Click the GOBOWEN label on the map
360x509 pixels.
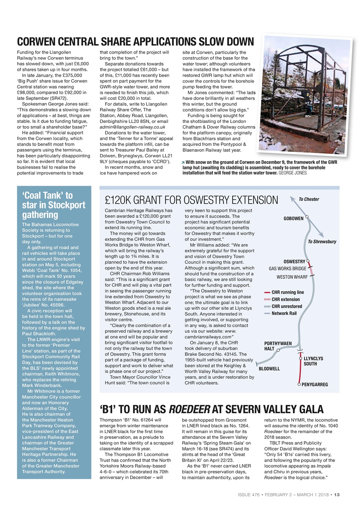(x=293, y=218)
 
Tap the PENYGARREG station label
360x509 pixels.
(x=315, y=385)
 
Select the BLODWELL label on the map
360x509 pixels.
(x=269, y=369)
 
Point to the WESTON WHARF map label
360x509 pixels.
(x=292, y=277)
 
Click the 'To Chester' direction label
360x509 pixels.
(x=309, y=199)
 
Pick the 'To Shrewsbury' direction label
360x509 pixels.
(x=322, y=241)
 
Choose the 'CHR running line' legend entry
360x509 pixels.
(x=287, y=292)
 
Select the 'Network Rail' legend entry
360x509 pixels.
(x=284, y=313)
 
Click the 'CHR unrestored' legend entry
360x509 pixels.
(x=286, y=306)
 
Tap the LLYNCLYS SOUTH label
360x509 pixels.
(x=313, y=361)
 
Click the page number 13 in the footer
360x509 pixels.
(x=337, y=495)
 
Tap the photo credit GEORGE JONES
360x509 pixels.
(x=292, y=173)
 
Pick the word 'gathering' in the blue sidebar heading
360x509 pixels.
(x=40, y=215)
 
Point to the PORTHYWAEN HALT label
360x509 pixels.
(x=278, y=346)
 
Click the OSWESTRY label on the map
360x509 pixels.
(x=294, y=261)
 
